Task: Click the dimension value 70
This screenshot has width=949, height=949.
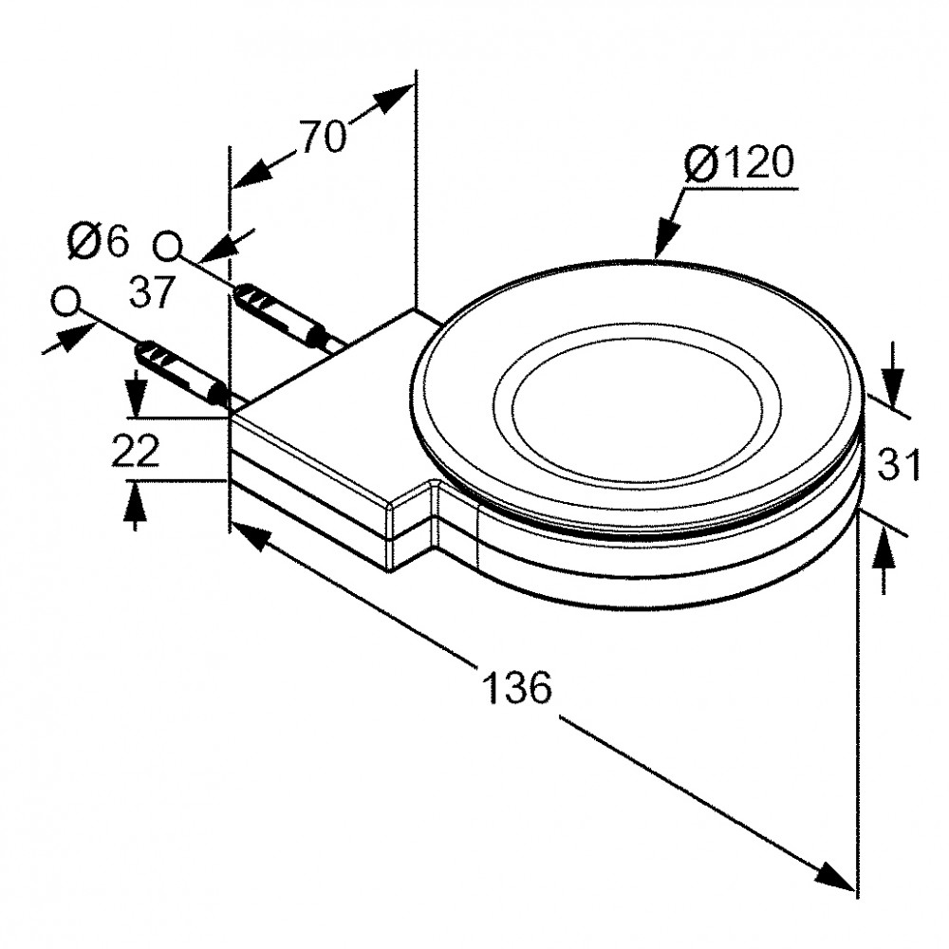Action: point(325,136)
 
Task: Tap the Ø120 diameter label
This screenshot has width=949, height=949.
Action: point(739,162)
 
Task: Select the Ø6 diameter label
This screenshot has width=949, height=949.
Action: point(99,241)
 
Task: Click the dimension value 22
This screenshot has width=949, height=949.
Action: point(135,450)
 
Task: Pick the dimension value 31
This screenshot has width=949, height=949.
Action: point(898,464)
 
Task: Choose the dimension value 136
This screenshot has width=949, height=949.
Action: point(517,686)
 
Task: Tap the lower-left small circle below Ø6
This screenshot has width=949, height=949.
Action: point(66,302)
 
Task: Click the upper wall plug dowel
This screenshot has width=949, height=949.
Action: point(278,315)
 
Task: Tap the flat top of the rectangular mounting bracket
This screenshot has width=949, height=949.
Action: point(339,387)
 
